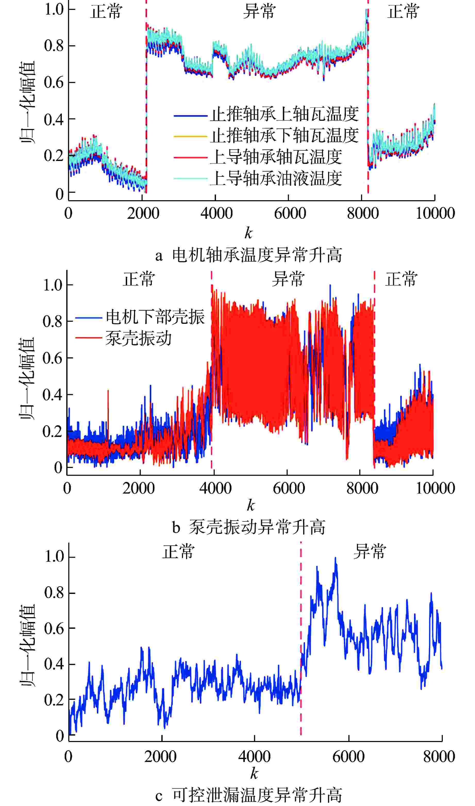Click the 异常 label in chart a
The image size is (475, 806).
(259, 12)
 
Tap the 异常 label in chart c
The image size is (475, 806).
(370, 552)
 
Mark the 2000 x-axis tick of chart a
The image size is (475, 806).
(143, 213)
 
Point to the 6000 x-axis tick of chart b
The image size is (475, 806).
(289, 488)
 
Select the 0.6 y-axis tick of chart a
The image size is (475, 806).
(55, 83)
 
